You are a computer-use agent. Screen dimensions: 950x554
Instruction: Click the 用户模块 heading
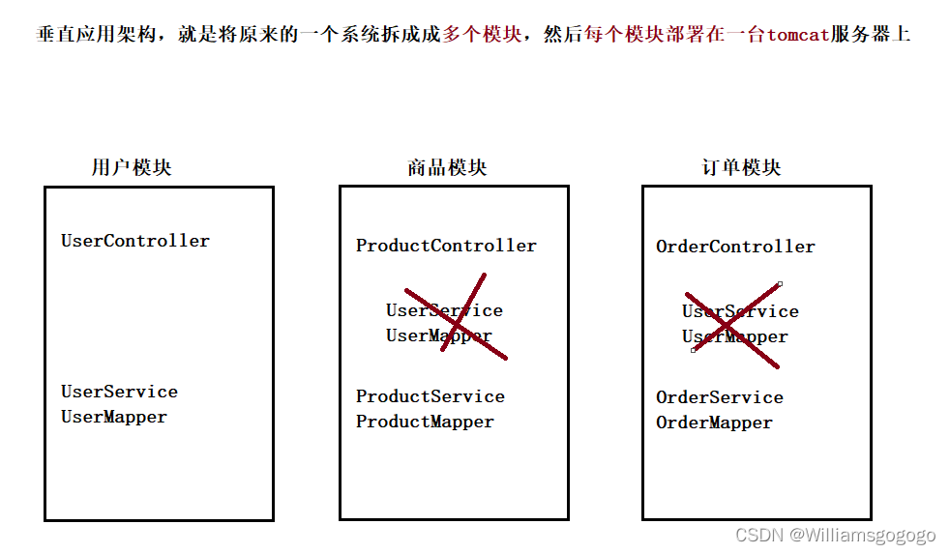132,167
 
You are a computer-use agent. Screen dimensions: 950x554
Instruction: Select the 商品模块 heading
447,167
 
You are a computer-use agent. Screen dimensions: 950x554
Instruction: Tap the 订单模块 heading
741,167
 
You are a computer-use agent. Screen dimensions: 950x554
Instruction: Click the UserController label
135,241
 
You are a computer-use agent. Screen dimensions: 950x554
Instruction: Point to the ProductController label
446,246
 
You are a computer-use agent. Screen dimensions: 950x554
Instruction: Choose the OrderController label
735,247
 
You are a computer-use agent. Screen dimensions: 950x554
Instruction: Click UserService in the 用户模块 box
119,392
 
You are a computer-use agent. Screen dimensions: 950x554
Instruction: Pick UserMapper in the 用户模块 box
114,417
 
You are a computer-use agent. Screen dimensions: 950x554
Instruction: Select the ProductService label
430,396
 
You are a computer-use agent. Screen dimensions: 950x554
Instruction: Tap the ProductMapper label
425,422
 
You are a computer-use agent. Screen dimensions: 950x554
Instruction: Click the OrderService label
720,397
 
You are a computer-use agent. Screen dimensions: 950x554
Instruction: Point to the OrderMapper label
714,423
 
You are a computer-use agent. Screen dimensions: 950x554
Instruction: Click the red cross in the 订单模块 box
733,325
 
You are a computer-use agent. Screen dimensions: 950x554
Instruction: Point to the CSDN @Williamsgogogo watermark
835,535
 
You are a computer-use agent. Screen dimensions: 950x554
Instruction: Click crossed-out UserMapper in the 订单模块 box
735,337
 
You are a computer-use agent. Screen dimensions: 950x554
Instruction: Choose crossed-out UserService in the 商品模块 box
444,310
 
